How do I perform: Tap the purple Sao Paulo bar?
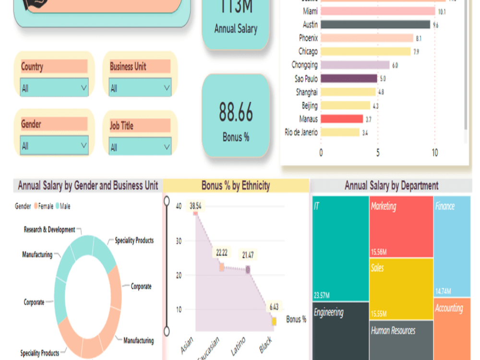point(349,78)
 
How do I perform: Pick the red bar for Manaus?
point(342,119)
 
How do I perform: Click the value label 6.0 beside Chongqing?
point(395,65)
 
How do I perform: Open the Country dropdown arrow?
point(84,88)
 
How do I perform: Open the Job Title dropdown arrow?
point(167,146)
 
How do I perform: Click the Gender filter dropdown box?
point(54,145)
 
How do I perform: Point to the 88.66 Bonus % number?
point(236,113)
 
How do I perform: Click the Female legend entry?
point(44,206)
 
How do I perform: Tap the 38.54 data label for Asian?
point(195,205)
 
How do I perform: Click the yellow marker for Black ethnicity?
point(274,321)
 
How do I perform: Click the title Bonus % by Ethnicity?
point(236,186)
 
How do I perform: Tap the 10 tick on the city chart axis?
point(434,153)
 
